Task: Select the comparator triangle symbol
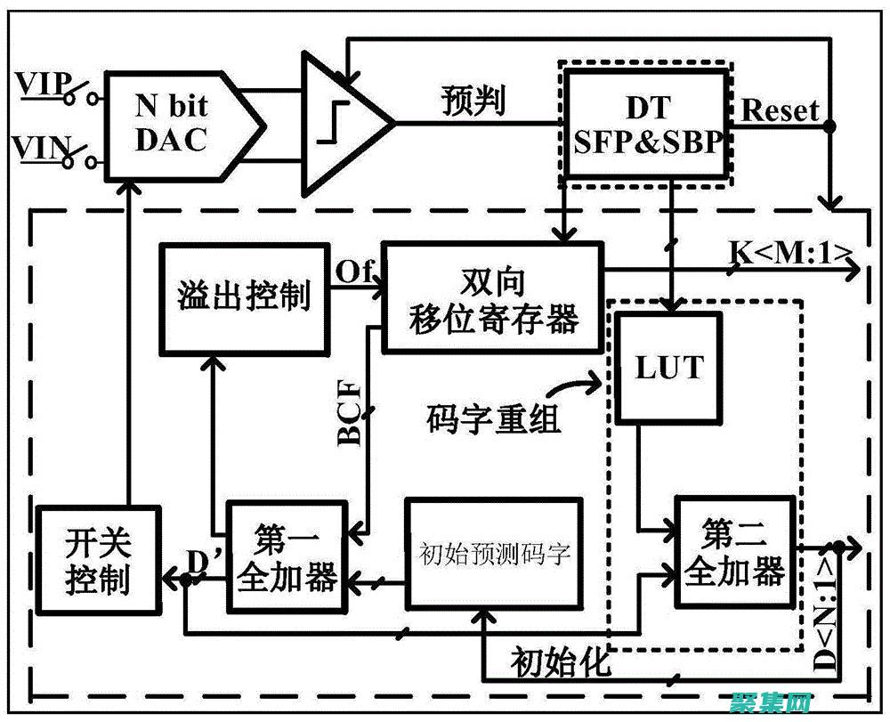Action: (x=343, y=124)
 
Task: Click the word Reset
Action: (x=779, y=110)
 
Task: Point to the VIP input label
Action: (x=39, y=85)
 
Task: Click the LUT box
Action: (x=668, y=366)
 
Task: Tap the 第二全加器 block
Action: (x=734, y=553)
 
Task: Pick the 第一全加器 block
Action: (x=284, y=557)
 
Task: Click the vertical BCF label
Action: (x=350, y=412)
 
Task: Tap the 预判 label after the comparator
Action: (x=473, y=100)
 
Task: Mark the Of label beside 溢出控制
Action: (x=354, y=270)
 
